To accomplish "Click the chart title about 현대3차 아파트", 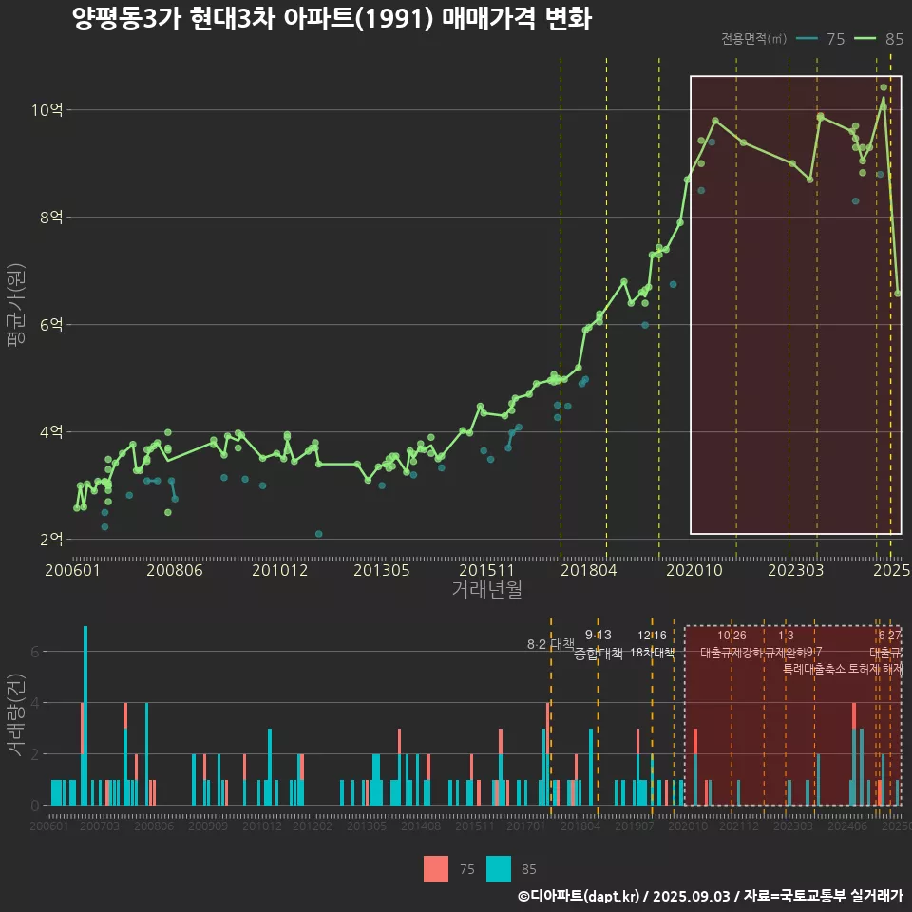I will click(x=332, y=19).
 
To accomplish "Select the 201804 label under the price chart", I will click(x=588, y=570).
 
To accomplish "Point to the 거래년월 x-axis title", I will click(x=486, y=590).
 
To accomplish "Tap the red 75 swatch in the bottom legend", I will click(x=436, y=868).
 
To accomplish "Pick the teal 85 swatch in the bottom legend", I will click(x=498, y=868).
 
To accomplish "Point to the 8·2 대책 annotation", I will click(x=551, y=644).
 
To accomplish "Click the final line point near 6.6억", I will click(x=898, y=294).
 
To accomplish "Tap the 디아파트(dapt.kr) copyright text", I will click(x=579, y=896).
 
